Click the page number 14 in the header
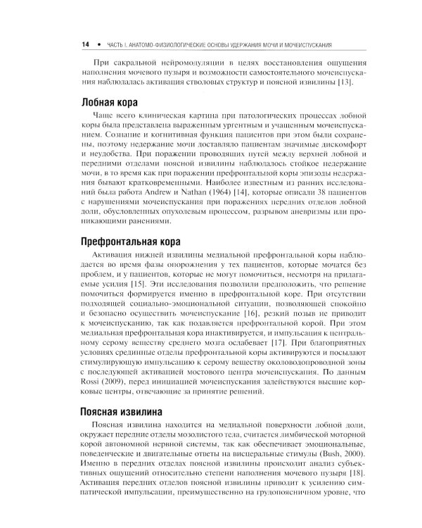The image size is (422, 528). [x=84, y=45]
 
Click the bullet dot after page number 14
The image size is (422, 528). [x=98, y=45]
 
